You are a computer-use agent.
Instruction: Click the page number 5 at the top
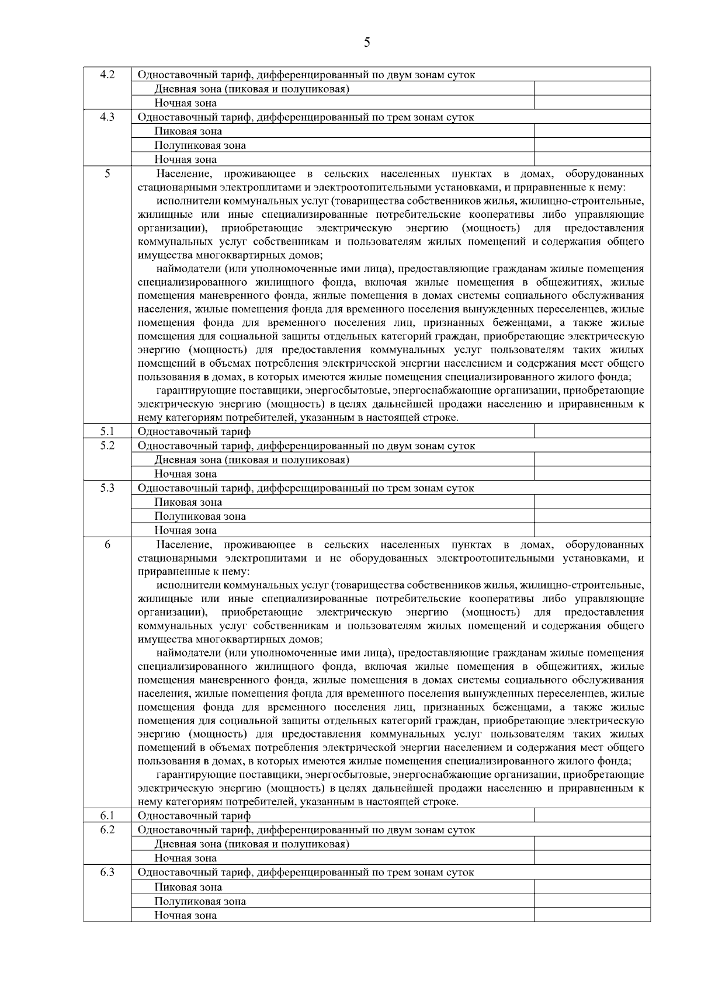pos(366,42)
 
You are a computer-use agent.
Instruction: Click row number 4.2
pos(107,74)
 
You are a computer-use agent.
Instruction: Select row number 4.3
pos(107,116)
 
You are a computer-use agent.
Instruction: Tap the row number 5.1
pos(107,431)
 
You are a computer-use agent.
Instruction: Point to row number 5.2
pos(107,445)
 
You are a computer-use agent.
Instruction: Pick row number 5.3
pos(107,488)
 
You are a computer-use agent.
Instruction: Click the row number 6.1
pos(107,815)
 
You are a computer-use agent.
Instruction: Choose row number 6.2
pos(107,829)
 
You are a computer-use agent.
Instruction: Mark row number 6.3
pos(107,872)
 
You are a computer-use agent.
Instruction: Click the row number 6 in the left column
pos(107,544)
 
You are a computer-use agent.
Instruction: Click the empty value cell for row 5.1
pos(592,431)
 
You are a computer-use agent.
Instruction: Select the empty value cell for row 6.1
pos(592,815)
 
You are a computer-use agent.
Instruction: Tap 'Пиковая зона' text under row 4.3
pos(188,131)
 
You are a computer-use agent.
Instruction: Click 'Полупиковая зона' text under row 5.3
pos(200,516)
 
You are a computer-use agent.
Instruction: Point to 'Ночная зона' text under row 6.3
pos(185,916)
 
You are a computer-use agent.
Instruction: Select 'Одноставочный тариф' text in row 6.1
pos(194,816)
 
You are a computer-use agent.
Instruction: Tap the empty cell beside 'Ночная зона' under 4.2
pos(592,103)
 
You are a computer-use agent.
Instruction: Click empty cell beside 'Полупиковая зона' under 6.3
pos(592,901)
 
